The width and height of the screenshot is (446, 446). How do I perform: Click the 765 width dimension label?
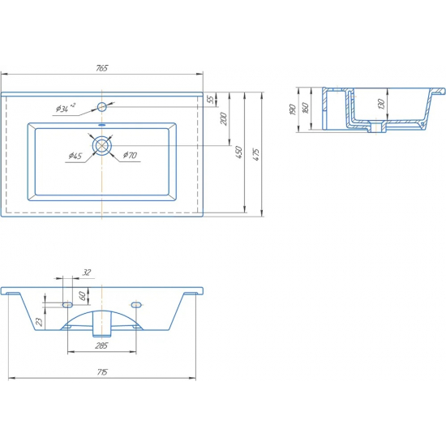pyautogui.click(x=102, y=68)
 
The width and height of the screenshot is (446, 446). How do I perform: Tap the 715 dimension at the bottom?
pyautogui.click(x=102, y=372)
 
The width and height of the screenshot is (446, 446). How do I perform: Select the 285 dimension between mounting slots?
pyautogui.click(x=101, y=345)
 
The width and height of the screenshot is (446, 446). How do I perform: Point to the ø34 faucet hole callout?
pyautogui.click(x=66, y=108)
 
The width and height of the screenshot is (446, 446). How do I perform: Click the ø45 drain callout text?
pyautogui.click(x=75, y=156)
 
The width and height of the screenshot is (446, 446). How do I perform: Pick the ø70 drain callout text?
pyautogui.click(x=130, y=155)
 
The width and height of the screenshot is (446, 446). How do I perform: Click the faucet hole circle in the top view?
pyautogui.click(x=102, y=107)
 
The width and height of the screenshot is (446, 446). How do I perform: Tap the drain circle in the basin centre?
pyautogui.click(x=101, y=146)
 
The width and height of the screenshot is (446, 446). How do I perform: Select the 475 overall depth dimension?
pyautogui.click(x=256, y=154)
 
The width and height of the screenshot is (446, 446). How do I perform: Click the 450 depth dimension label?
pyautogui.click(x=239, y=152)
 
